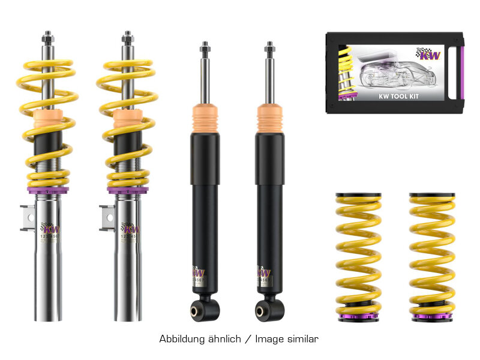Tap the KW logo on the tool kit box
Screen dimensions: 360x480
coord(428,55)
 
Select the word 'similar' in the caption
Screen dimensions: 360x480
coord(302,339)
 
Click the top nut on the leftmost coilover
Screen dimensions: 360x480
coord(47,38)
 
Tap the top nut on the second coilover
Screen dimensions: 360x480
coord(127,38)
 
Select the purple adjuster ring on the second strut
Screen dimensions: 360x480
coord(127,190)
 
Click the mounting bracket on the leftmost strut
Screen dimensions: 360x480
coord(27,217)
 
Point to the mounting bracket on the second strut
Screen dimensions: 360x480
coord(107,217)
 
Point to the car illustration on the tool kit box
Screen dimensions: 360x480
coord(384,72)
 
